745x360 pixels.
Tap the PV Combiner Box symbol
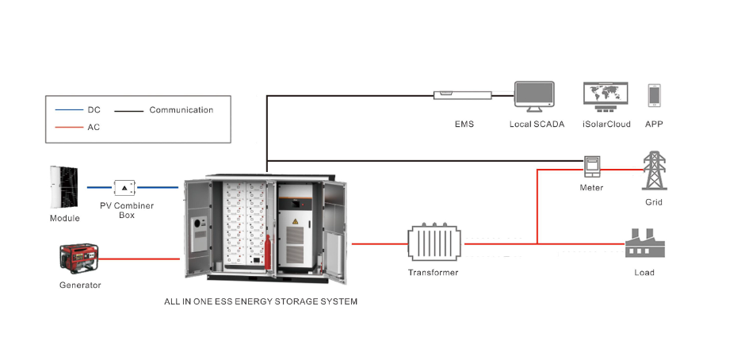coord(125,188)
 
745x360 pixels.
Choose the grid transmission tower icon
coord(653,170)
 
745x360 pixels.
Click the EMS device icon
coord(463,95)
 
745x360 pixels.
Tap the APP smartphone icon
coord(654,96)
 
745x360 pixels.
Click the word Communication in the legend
coord(181,110)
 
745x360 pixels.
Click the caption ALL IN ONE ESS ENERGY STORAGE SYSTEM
coord(261,301)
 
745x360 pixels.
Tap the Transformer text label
coord(433,273)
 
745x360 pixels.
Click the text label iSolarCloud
coord(606,124)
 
